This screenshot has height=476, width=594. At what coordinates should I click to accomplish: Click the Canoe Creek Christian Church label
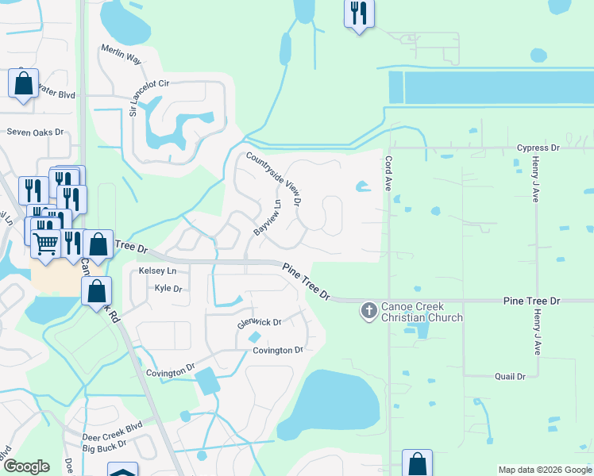(422, 312)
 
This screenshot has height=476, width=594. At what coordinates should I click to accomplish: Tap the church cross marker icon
(369, 310)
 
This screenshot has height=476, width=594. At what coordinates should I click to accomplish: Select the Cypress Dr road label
(538, 148)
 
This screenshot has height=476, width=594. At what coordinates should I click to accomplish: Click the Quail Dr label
(510, 377)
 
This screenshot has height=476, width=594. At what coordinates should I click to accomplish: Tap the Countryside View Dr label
(274, 178)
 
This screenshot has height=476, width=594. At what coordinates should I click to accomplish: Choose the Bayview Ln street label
(268, 217)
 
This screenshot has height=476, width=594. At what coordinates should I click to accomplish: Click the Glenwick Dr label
(260, 323)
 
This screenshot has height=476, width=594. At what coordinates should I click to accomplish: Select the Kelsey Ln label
(157, 271)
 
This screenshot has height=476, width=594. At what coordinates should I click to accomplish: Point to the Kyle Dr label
(168, 289)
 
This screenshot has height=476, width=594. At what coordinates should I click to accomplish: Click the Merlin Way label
(121, 54)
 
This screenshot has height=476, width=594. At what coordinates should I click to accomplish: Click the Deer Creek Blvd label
(112, 431)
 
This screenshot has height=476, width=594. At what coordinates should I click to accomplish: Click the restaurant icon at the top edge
(359, 13)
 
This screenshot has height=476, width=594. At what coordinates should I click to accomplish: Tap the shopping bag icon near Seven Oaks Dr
(24, 83)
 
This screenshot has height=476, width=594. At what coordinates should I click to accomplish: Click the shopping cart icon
(46, 244)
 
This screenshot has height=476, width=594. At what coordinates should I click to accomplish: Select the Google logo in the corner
(26, 466)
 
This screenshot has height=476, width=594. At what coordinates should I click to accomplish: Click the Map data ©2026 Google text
(544, 470)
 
